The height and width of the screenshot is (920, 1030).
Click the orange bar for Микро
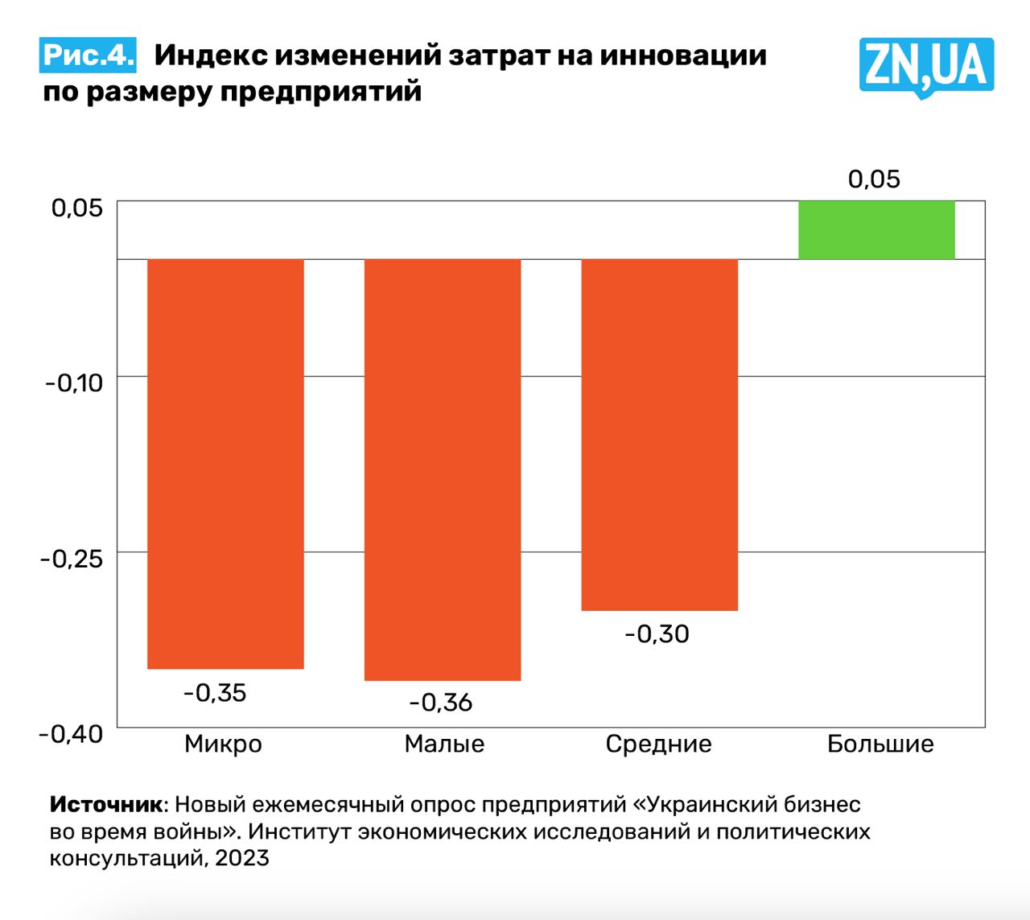click(x=225, y=463)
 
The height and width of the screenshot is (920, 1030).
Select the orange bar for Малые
click(x=443, y=469)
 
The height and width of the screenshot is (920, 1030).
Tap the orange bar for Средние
click(x=659, y=435)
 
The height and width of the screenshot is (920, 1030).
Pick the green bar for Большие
click(x=876, y=229)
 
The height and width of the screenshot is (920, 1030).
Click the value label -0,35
click(x=215, y=693)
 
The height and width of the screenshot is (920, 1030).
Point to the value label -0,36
click(x=440, y=703)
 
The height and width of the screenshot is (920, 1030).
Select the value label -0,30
click(x=657, y=634)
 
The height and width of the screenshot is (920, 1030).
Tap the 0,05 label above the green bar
click(x=874, y=179)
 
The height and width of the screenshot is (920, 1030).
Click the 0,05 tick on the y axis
click(x=77, y=208)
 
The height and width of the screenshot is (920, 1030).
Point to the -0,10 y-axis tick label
click(x=74, y=382)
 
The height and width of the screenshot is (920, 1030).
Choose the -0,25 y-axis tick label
click(x=72, y=558)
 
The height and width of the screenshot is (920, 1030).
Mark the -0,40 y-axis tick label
click(x=72, y=733)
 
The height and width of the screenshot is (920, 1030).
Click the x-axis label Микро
click(x=223, y=744)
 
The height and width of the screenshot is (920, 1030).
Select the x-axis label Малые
click(x=444, y=744)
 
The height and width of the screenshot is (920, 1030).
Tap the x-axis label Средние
click(x=658, y=744)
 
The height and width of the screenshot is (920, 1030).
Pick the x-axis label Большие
click(x=880, y=744)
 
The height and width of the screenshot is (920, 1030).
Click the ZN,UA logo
click(x=926, y=66)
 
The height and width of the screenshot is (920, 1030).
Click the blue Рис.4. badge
click(x=88, y=55)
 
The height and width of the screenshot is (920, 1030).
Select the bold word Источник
click(x=106, y=804)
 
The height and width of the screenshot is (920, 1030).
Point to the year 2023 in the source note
click(x=242, y=857)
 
